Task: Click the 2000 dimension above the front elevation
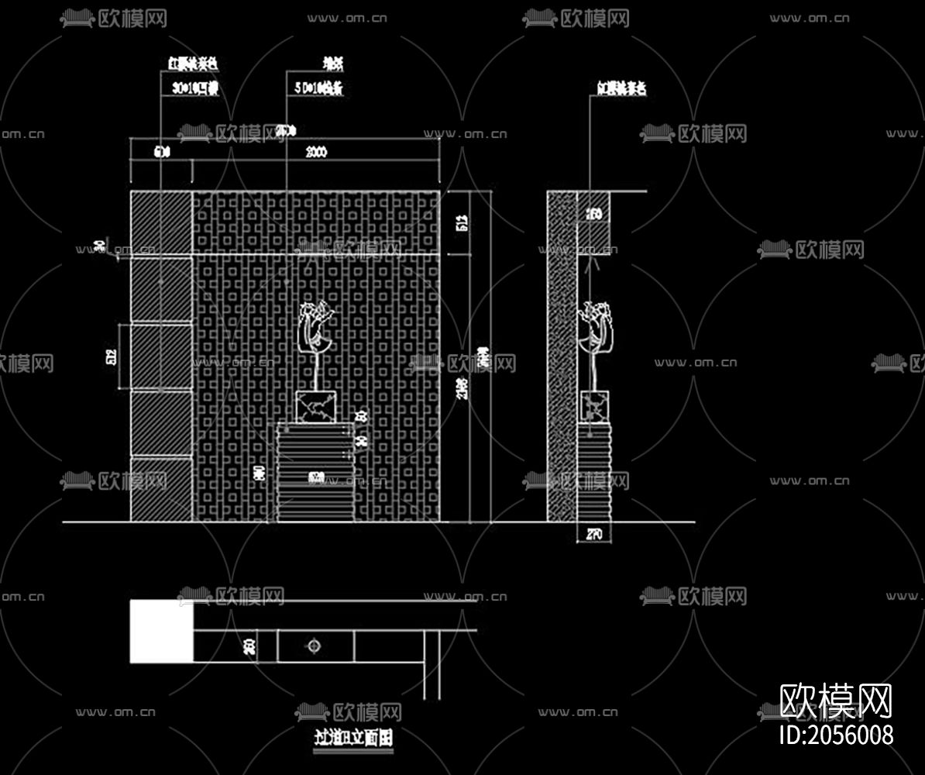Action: pyautogui.click(x=315, y=153)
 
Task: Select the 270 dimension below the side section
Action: pyautogui.click(x=594, y=533)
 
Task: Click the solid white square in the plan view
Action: pyautogui.click(x=161, y=631)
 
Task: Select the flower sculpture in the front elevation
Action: pyautogui.click(x=316, y=329)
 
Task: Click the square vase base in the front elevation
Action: pyautogui.click(x=316, y=407)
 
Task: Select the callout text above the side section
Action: pyautogui.click(x=621, y=89)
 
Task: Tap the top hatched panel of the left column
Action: pyautogui.click(x=161, y=222)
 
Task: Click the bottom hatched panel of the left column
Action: pyautogui.click(x=161, y=488)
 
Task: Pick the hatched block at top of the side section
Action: pyautogui.click(x=594, y=213)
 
